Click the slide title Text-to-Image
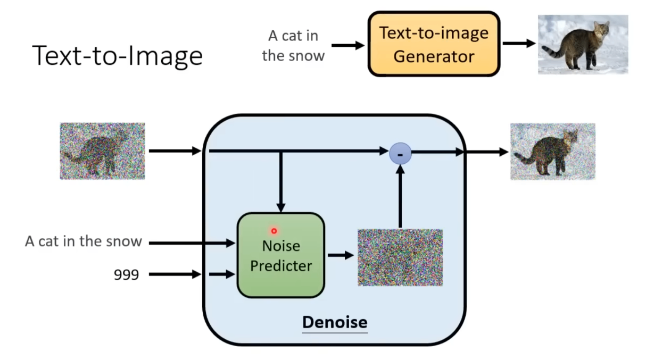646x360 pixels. coord(118,55)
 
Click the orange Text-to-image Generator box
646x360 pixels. coord(434,44)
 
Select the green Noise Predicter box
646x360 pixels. coord(280,255)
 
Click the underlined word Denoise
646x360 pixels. coord(335,322)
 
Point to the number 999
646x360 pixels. coord(126,274)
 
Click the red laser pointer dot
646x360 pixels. coord(274,231)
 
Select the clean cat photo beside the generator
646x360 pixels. coord(583,44)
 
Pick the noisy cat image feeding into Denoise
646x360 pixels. coord(102,151)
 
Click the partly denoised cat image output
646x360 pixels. coord(552,152)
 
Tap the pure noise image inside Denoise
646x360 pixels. coord(400,257)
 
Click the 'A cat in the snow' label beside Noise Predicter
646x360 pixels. coord(84,241)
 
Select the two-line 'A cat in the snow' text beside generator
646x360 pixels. coord(293,46)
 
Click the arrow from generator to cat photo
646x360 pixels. coord(519,44)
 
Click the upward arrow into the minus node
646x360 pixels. coord(400,197)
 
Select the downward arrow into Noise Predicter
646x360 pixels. coord(281,181)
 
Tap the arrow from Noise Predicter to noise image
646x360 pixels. coord(341,256)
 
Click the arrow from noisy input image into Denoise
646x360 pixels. coord(174,152)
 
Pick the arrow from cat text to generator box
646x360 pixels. coord(348,46)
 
